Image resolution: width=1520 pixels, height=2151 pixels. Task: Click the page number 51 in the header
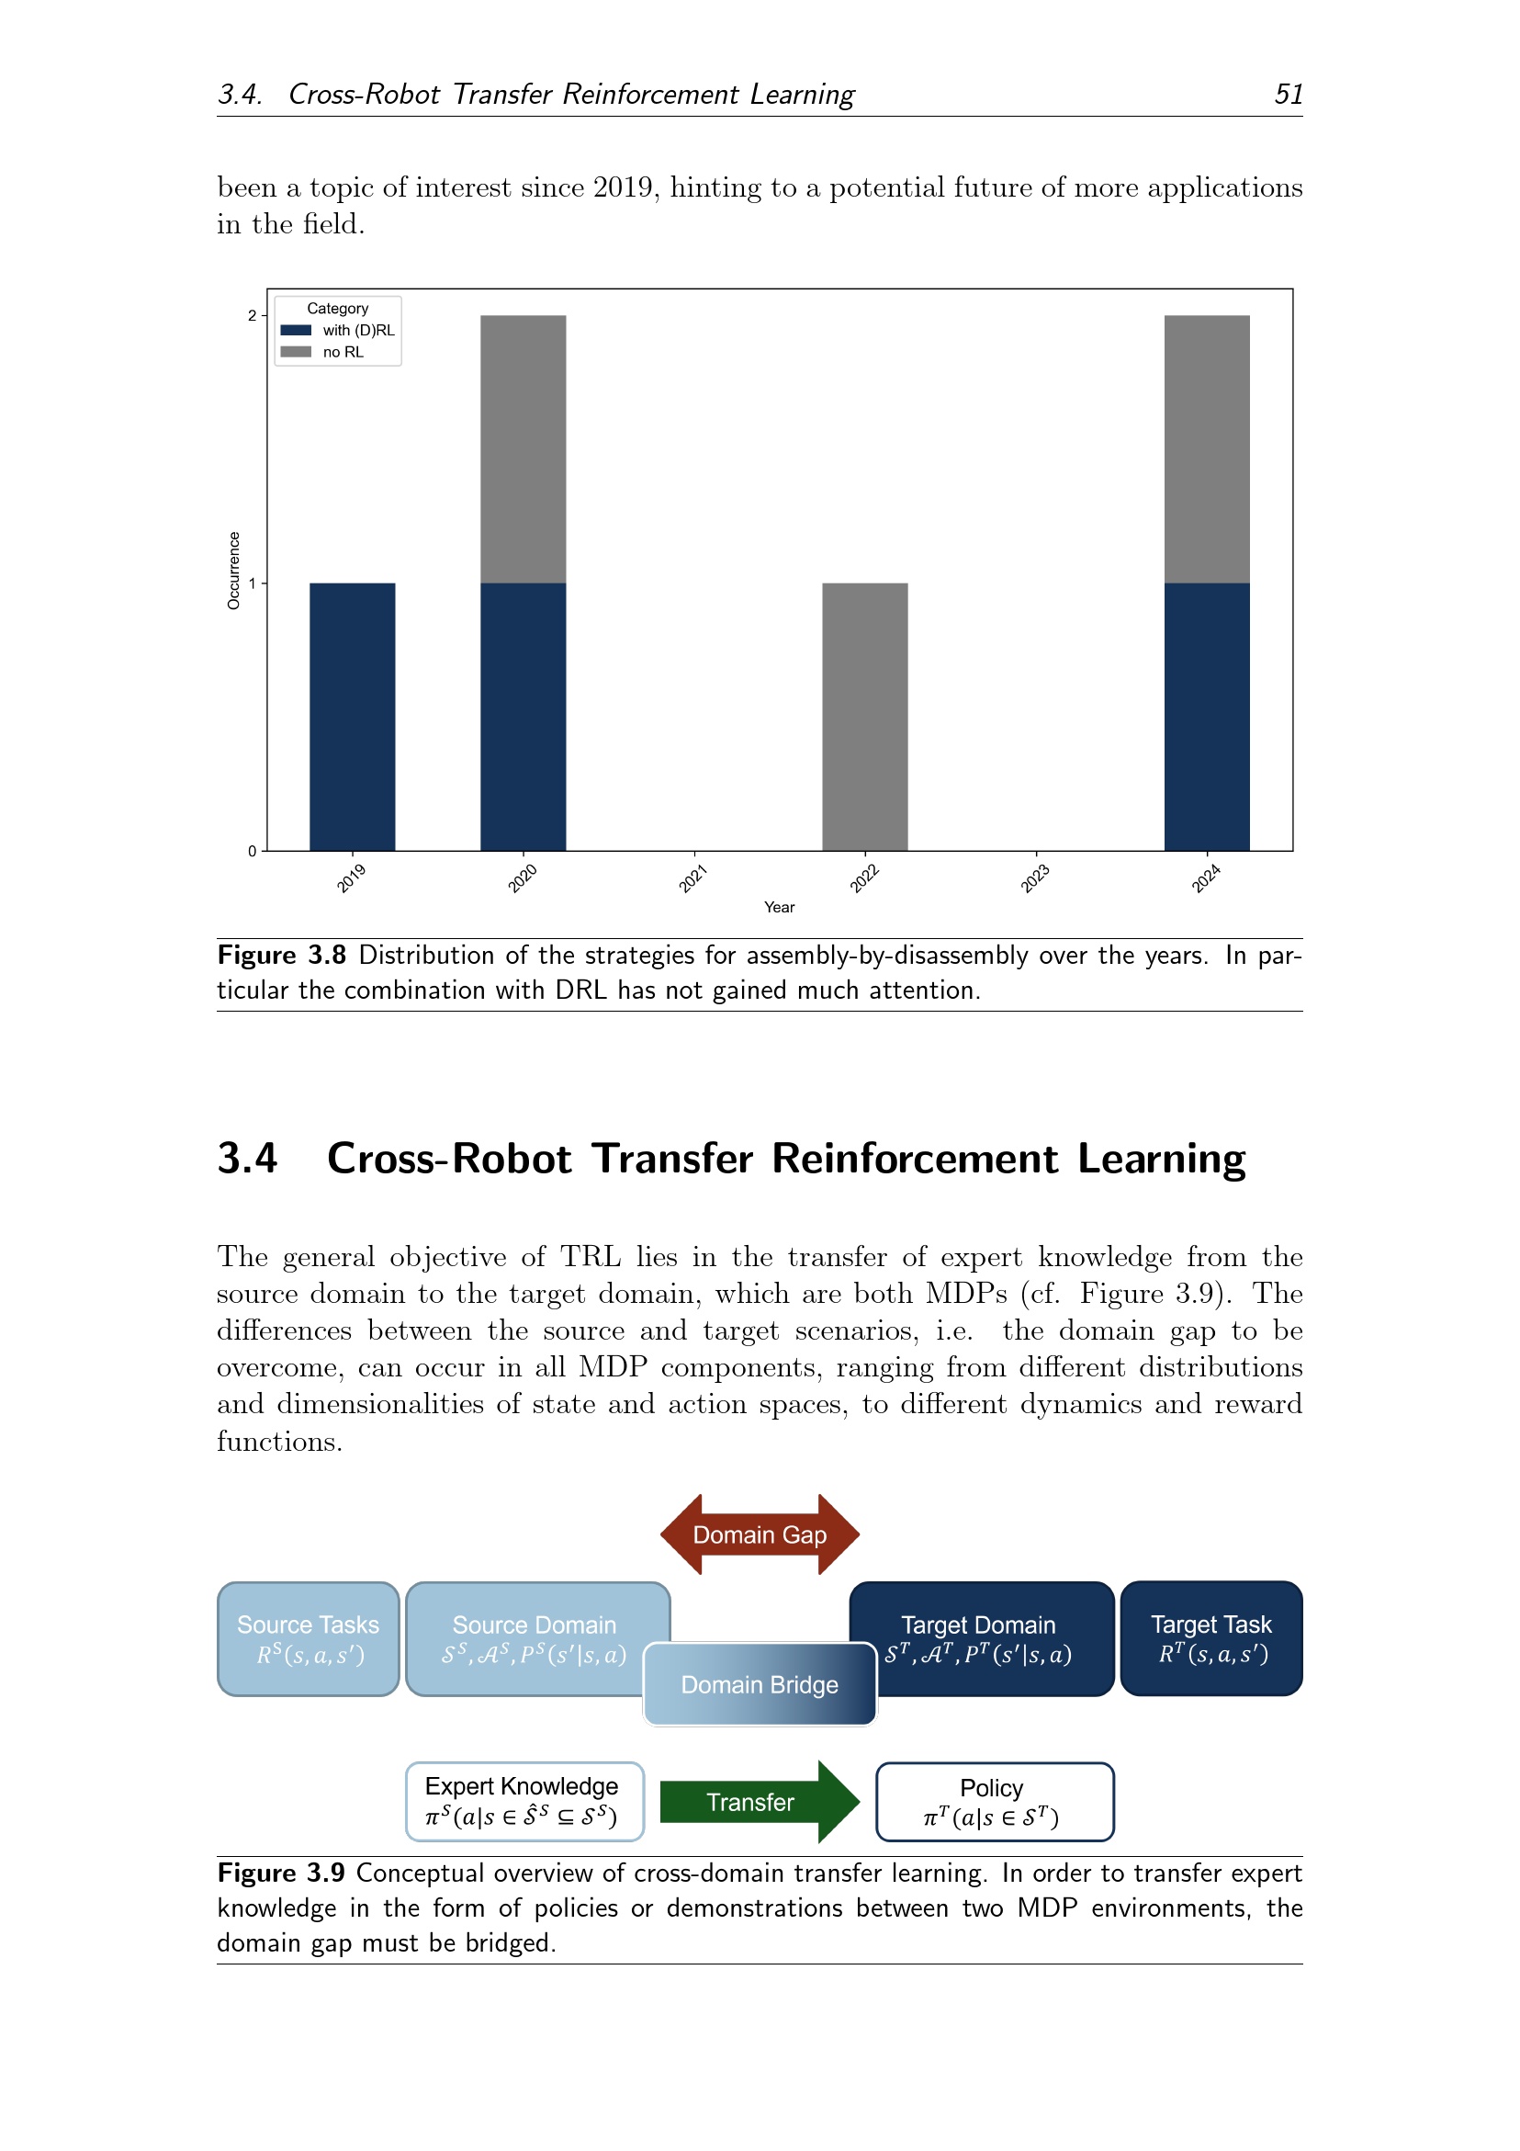pyautogui.click(x=1289, y=94)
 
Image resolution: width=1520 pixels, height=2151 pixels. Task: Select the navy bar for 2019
pyautogui.click(x=352, y=717)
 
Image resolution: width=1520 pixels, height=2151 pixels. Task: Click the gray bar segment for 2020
pyautogui.click(x=523, y=449)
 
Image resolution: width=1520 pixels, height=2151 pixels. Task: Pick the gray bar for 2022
pyautogui.click(x=864, y=717)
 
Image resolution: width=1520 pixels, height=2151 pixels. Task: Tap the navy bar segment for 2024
pyautogui.click(x=1206, y=717)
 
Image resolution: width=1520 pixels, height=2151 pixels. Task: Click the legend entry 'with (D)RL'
pyautogui.click(x=338, y=330)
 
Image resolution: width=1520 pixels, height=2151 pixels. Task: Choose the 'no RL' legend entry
pyautogui.click(x=322, y=352)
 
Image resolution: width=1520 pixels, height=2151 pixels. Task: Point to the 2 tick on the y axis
pyautogui.click(x=252, y=316)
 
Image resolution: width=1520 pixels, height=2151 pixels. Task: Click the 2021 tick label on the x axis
pyautogui.click(x=693, y=878)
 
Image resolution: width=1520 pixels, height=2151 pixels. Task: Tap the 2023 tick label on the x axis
pyautogui.click(x=1035, y=878)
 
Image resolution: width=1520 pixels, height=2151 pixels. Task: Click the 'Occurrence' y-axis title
pyautogui.click(x=234, y=571)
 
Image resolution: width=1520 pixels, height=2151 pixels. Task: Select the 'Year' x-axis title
pyautogui.click(x=779, y=907)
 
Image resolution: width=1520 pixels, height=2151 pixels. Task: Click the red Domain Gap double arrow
pyautogui.click(x=760, y=1534)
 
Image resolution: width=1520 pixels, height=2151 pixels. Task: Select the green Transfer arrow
pyautogui.click(x=760, y=1802)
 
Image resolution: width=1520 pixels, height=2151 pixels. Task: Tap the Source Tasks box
pyautogui.click(x=308, y=1638)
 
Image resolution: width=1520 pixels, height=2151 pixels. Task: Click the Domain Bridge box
pyautogui.click(x=760, y=1684)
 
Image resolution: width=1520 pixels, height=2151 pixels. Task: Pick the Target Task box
pyautogui.click(x=1210, y=1638)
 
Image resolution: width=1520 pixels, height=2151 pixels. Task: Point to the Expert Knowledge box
pyautogui.click(x=524, y=1802)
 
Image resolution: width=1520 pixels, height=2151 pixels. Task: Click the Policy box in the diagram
pyautogui.click(x=995, y=1802)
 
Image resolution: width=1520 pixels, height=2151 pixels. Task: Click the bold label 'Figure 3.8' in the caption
pyautogui.click(x=282, y=956)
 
